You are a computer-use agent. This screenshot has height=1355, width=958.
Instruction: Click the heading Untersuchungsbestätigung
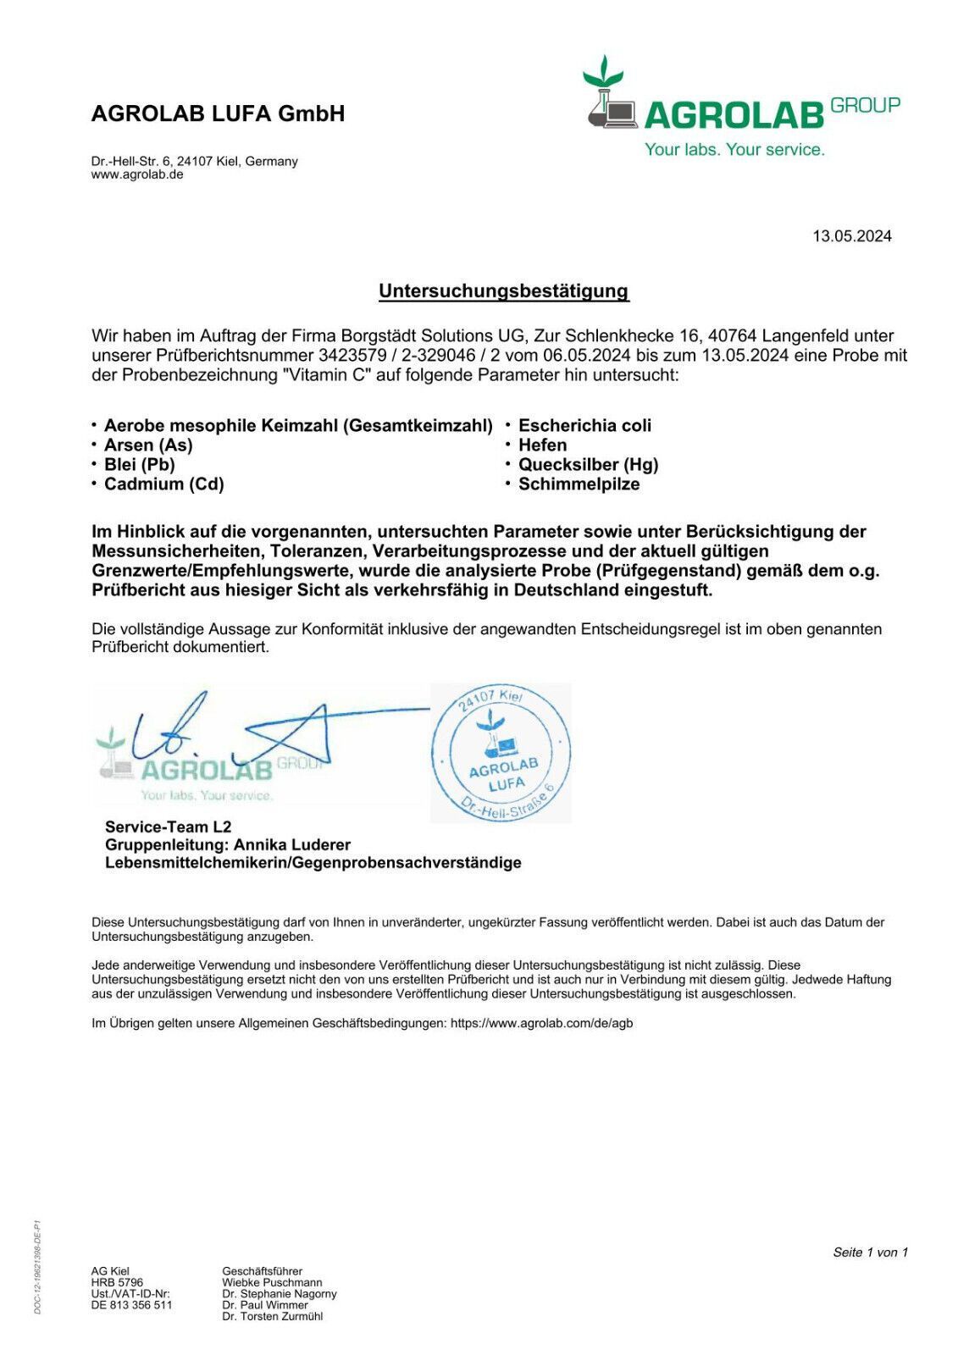(x=503, y=291)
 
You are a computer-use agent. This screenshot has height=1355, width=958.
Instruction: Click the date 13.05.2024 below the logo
(x=851, y=236)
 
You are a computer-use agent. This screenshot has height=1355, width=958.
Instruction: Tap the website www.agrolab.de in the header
(x=137, y=175)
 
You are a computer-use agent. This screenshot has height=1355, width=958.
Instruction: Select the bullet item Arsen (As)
(x=148, y=445)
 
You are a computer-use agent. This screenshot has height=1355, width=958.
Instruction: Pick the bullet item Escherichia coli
(x=584, y=426)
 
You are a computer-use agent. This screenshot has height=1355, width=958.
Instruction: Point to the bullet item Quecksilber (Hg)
(x=588, y=465)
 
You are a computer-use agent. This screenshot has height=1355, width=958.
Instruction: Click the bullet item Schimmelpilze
(x=579, y=484)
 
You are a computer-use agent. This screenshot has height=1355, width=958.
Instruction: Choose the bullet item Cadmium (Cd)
(x=163, y=484)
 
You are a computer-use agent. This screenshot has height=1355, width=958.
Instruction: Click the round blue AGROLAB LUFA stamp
(x=501, y=753)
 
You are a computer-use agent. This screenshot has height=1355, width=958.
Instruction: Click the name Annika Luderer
(x=292, y=845)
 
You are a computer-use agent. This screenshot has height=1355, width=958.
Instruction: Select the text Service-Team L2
(x=168, y=827)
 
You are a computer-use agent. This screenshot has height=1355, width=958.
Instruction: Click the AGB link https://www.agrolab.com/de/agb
(x=541, y=1023)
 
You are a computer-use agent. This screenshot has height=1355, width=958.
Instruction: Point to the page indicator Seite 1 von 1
(x=870, y=1253)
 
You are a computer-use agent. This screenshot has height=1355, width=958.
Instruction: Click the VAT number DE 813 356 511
(x=131, y=1306)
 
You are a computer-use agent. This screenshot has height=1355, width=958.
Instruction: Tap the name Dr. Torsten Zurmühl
(x=272, y=1317)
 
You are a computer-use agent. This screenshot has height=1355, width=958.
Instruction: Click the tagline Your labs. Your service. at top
(x=734, y=150)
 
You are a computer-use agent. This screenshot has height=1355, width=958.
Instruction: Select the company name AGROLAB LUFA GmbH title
(x=218, y=114)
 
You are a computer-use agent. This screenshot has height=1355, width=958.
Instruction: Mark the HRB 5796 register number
(x=117, y=1283)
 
